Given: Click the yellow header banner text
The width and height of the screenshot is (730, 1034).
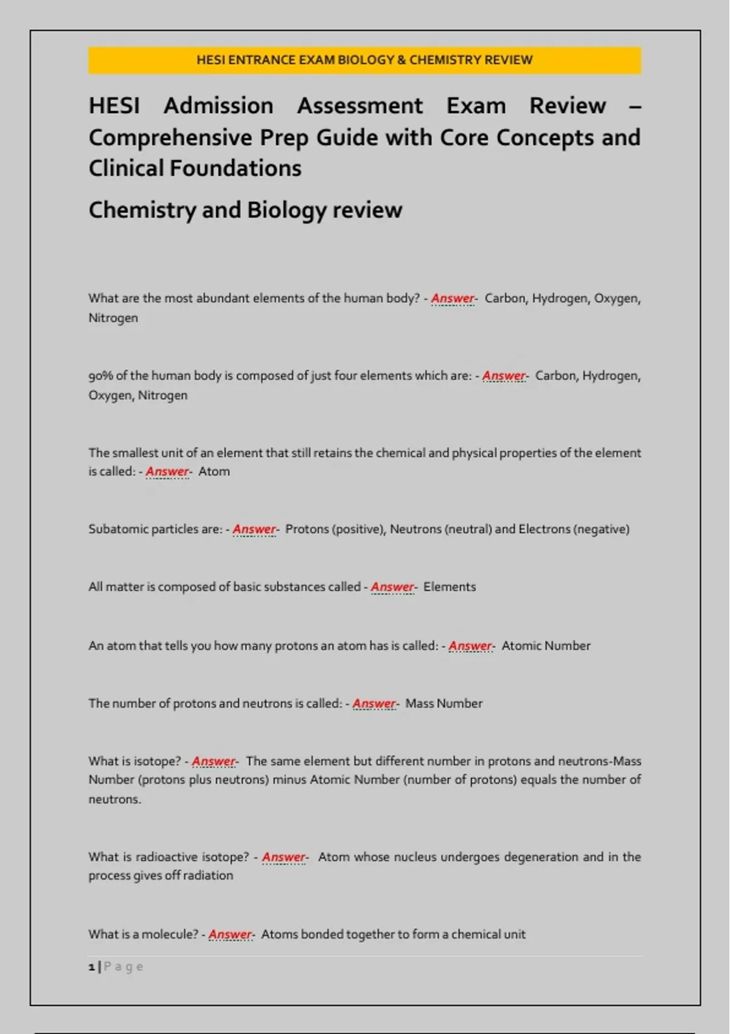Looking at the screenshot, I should tap(364, 60).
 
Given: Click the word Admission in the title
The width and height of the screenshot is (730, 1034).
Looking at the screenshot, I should tap(218, 106).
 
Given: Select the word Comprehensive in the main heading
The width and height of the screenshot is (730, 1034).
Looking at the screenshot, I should tap(170, 138).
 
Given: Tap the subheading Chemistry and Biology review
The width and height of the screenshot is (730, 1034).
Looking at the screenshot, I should tap(245, 210).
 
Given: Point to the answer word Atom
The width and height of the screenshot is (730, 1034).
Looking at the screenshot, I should tap(214, 471).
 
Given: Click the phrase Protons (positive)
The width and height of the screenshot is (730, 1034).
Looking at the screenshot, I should tap(335, 529).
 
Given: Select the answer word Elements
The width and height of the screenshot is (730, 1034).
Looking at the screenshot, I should tap(450, 587).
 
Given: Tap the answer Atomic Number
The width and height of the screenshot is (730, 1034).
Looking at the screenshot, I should tap(546, 646).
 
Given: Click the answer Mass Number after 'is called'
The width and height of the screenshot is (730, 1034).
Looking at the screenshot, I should tap(443, 704).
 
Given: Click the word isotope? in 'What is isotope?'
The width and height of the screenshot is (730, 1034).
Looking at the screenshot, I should tap(158, 762).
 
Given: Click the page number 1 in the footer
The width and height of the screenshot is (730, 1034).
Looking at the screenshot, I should tap(92, 966).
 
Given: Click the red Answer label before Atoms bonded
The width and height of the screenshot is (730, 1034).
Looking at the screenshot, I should tap(230, 934).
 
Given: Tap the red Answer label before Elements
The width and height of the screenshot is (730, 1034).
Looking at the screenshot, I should tap(392, 587).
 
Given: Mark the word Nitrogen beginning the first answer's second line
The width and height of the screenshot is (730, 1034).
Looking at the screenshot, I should tap(113, 318).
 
